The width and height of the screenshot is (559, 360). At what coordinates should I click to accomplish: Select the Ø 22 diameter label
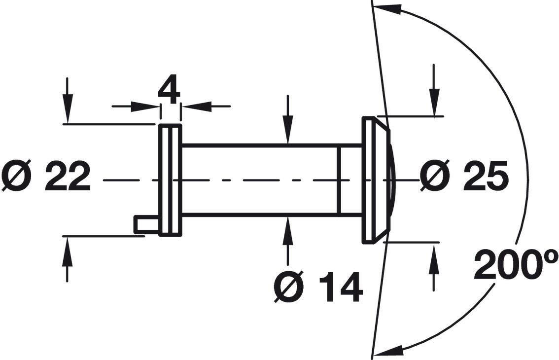[46, 176]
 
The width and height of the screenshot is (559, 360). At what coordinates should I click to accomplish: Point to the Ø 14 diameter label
[318, 288]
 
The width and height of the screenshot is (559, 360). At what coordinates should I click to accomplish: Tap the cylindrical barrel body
[261, 180]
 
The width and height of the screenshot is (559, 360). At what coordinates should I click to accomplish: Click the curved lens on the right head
[391, 180]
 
